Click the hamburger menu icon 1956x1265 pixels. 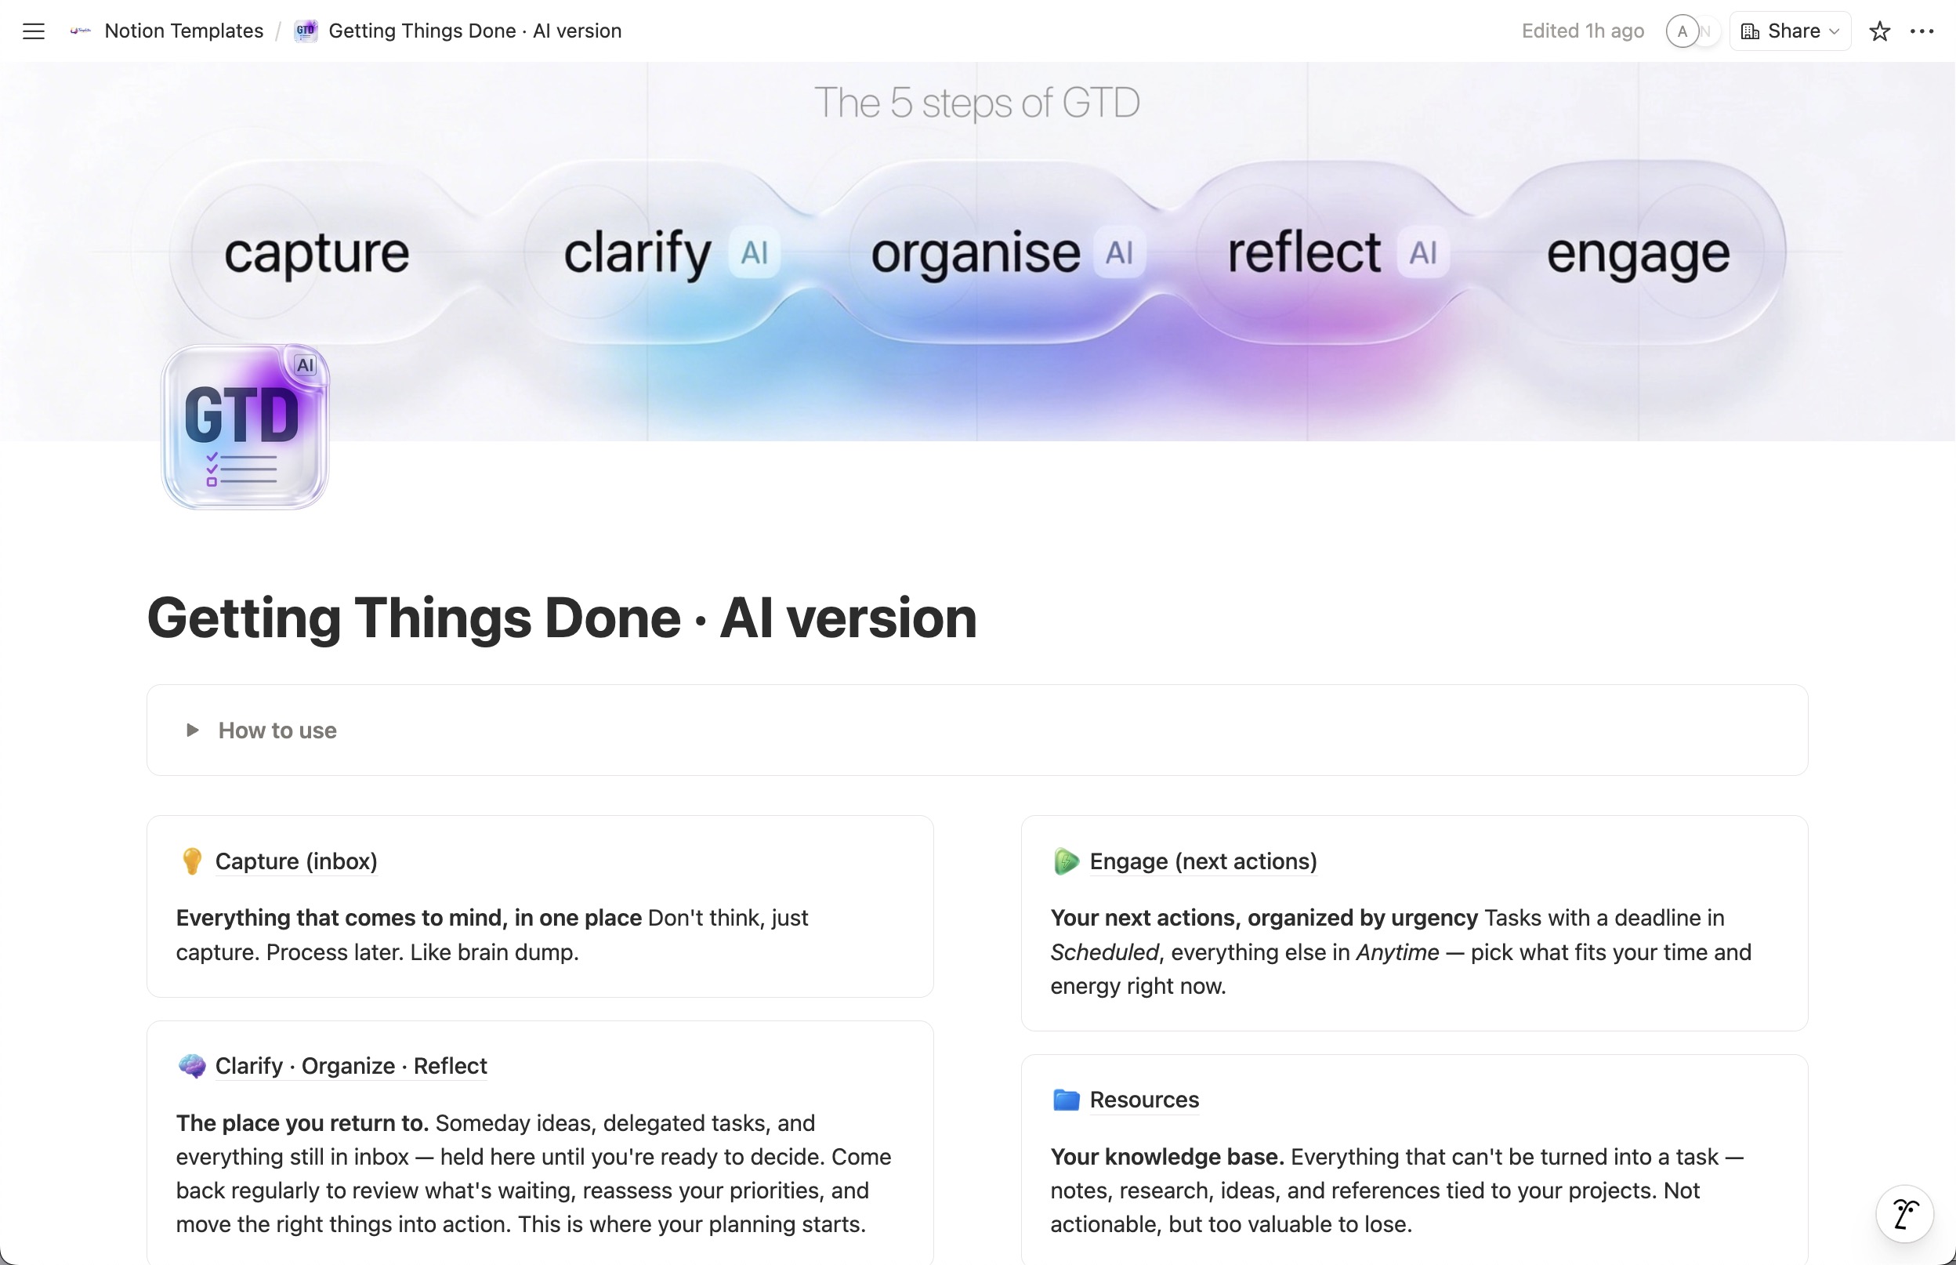[34, 31]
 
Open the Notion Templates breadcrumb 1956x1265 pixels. [183, 31]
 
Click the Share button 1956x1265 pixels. [1790, 31]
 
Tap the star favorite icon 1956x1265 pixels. [1880, 31]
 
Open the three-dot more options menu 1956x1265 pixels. [1922, 31]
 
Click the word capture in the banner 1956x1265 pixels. [316, 253]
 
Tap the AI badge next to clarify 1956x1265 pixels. [754, 252]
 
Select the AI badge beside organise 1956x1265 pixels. [1119, 252]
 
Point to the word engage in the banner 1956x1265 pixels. [1637, 253]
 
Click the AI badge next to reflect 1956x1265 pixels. [1423, 252]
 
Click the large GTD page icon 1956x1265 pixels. [244, 426]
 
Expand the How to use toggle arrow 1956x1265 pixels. [192, 730]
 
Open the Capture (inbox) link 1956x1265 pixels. [295, 861]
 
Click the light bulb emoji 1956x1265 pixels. [191, 861]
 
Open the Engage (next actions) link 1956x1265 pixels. [1202, 861]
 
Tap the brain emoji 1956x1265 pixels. [192, 1065]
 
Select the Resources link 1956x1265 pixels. [1144, 1099]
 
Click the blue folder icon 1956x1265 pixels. [1066, 1099]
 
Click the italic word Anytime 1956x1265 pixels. [1396, 952]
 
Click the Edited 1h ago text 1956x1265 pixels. [1582, 31]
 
